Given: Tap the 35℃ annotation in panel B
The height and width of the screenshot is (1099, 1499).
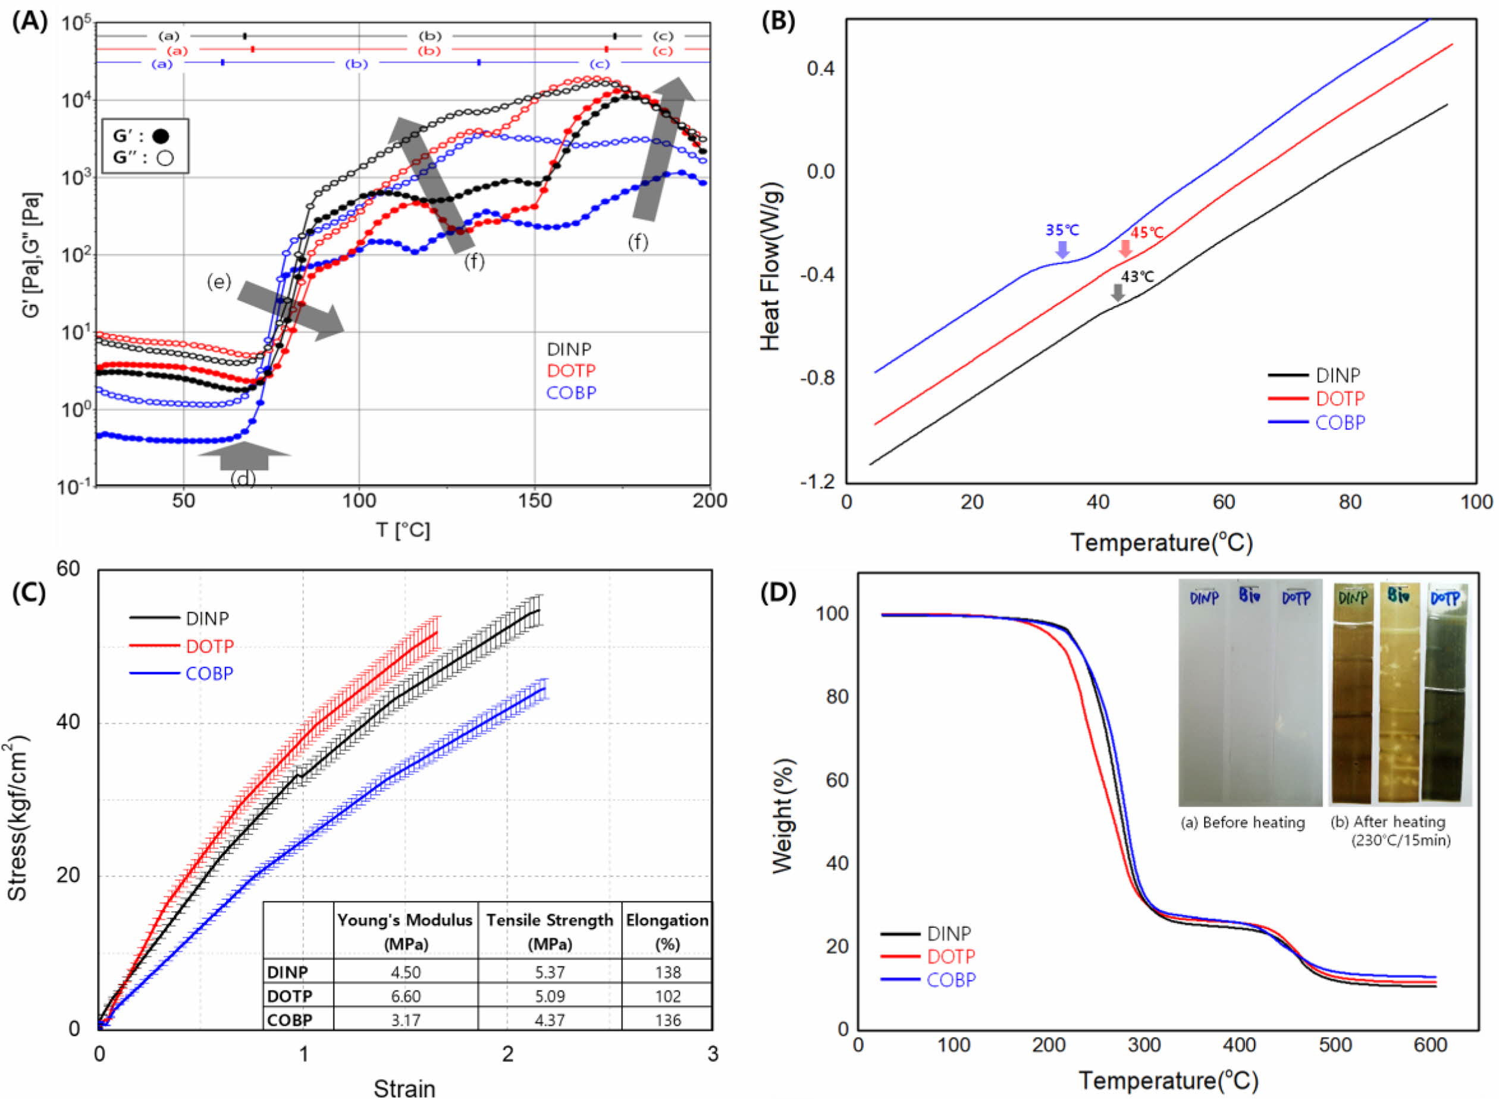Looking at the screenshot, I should [x=1062, y=230].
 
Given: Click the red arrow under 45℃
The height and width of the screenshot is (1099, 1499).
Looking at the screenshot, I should [x=1125, y=248].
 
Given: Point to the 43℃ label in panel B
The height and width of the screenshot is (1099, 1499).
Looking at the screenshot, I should [x=1137, y=276].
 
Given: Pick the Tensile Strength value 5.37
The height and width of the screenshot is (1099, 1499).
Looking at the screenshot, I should [x=550, y=972].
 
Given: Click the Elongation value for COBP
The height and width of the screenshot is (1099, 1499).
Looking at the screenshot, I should [x=667, y=1020].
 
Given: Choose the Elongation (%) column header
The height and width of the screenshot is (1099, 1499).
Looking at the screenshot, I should [x=667, y=931].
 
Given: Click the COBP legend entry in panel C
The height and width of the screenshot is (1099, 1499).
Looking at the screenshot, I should [x=209, y=673].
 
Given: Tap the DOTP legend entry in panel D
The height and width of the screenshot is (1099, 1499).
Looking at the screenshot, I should [x=951, y=956].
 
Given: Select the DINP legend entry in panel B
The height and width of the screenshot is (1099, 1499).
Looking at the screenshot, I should [x=1338, y=376].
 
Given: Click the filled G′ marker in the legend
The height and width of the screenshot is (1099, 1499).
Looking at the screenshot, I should [x=161, y=136].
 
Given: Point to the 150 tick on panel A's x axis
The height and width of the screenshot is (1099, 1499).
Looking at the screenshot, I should [x=535, y=500].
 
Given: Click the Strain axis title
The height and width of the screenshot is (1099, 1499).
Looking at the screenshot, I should [x=404, y=1088].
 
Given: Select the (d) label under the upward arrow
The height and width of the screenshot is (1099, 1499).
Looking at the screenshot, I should [x=243, y=478].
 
